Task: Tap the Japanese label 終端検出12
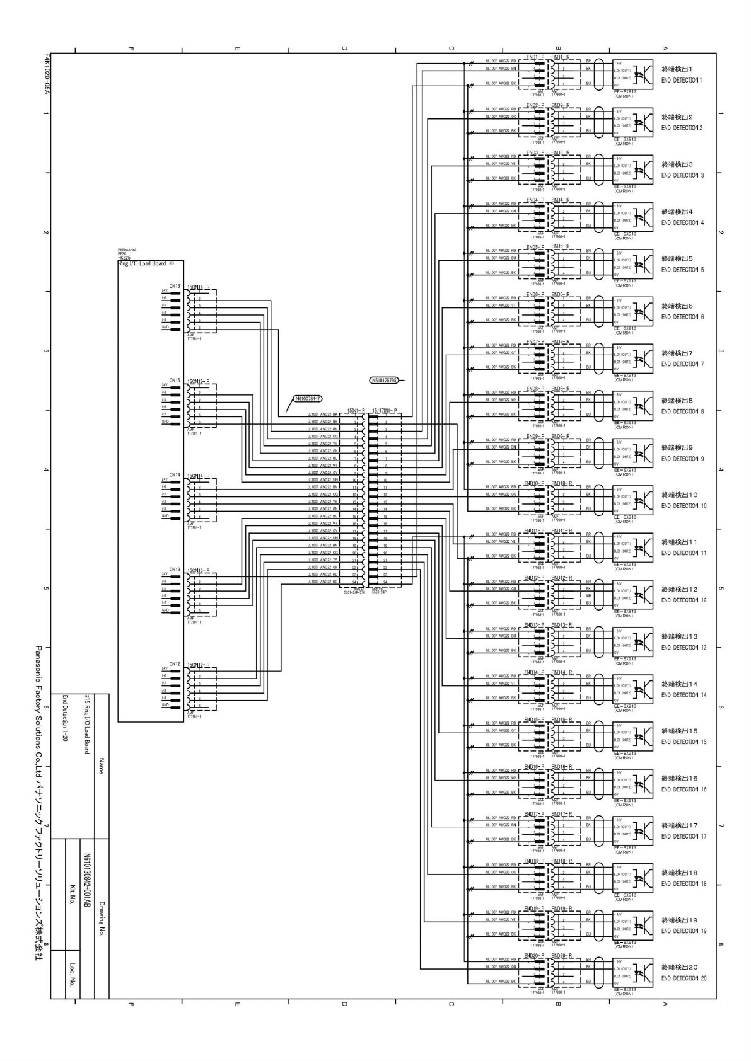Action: click(679, 589)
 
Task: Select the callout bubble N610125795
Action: click(383, 380)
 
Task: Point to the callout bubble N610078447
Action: click(307, 399)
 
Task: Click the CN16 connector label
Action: click(175, 286)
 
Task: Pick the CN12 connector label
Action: click(175, 664)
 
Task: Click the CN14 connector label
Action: click(175, 475)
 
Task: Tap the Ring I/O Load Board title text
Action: click(141, 264)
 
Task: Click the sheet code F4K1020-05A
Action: click(47, 74)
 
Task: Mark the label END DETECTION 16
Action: click(684, 789)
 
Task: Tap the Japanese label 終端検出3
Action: click(677, 164)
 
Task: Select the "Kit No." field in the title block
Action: click(73, 895)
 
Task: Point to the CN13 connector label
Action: click(175, 570)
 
